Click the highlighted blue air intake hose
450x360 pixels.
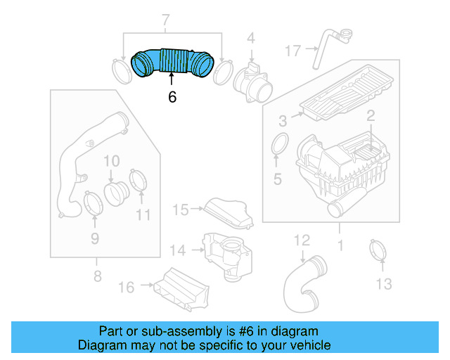point(172,61)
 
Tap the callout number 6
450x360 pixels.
point(172,97)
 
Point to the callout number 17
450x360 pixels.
point(293,50)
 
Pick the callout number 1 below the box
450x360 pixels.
point(340,247)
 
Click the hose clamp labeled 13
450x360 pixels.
point(379,250)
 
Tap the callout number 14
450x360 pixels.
point(177,250)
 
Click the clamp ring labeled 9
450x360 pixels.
point(93,203)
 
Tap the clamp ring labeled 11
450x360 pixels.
point(139,180)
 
